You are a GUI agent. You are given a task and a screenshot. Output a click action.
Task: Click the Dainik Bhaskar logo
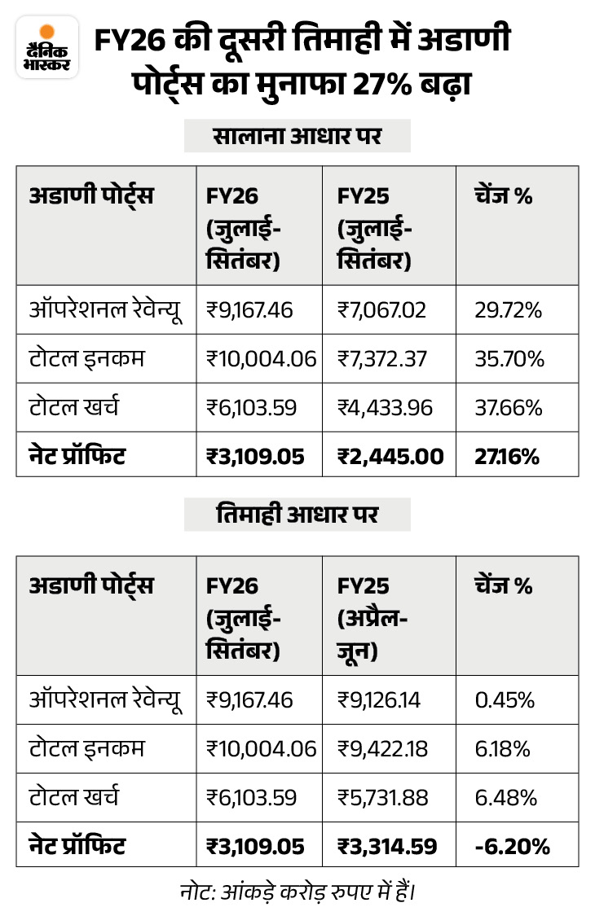tap(47, 50)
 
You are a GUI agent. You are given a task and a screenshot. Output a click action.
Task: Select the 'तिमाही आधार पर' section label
tap(297, 515)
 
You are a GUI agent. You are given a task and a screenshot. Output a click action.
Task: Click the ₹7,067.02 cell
tap(382, 309)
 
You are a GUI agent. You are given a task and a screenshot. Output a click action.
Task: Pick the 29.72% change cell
tap(508, 309)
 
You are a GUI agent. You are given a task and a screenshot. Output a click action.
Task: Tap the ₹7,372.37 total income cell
tap(382, 358)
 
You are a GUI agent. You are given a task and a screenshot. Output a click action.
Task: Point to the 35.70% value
tap(509, 358)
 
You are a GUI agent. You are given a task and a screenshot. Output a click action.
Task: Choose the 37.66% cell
tap(508, 407)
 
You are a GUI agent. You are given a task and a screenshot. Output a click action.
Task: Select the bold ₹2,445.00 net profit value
tap(390, 456)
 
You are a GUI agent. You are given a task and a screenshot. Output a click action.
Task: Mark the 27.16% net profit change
tap(507, 456)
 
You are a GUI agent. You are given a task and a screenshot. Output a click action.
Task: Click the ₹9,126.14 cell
tap(379, 699)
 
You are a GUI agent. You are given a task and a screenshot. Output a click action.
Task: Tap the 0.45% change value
tap(505, 699)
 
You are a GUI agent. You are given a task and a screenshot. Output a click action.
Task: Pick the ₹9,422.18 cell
tap(382, 748)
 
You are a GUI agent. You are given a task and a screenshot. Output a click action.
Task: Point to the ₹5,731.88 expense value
tap(382, 797)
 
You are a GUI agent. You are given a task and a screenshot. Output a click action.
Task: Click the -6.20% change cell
tap(511, 846)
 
